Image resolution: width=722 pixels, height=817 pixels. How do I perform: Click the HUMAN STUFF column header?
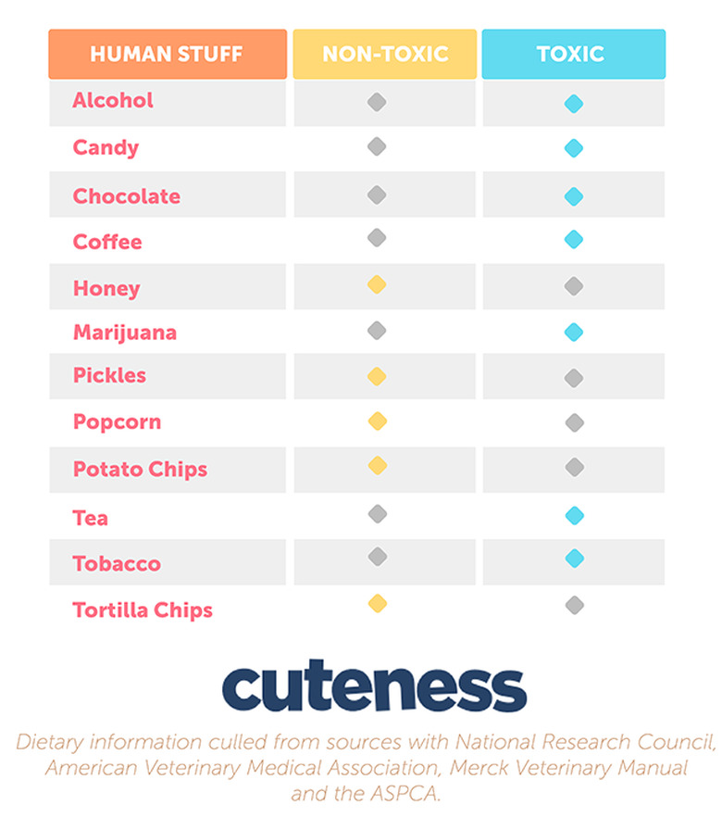pos(168,54)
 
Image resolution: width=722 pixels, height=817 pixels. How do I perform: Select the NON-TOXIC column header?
pos(384,54)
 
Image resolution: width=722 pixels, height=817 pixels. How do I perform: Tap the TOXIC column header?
pos(573,54)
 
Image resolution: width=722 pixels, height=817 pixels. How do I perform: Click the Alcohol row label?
pos(113,100)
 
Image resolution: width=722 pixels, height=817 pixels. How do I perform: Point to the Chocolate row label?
pos(127,196)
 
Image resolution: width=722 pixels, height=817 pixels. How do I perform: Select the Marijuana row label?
pos(125,333)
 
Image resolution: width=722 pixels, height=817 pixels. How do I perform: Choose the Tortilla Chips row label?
pos(143,610)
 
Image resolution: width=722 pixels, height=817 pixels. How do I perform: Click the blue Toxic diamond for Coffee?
pos(574,240)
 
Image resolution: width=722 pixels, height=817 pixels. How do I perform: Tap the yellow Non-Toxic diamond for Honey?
pos(377,285)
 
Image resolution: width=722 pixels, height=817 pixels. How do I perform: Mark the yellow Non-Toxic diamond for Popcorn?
pos(377,421)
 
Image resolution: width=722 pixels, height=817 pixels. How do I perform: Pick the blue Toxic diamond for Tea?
pos(574,515)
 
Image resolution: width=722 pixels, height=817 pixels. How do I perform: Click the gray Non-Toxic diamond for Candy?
pos(377,146)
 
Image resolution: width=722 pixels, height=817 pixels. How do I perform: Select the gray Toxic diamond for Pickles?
pos(574,377)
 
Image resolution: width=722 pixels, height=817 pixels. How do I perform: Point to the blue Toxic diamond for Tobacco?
pos(574,559)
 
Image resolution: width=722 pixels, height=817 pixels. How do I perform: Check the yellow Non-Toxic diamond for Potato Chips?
pos(377,466)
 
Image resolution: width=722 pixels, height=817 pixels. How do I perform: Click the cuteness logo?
pos(374,687)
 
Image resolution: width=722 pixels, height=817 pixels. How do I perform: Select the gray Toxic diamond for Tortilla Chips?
pos(574,605)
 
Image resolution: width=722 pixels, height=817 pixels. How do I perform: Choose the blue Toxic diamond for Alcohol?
pos(574,104)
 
